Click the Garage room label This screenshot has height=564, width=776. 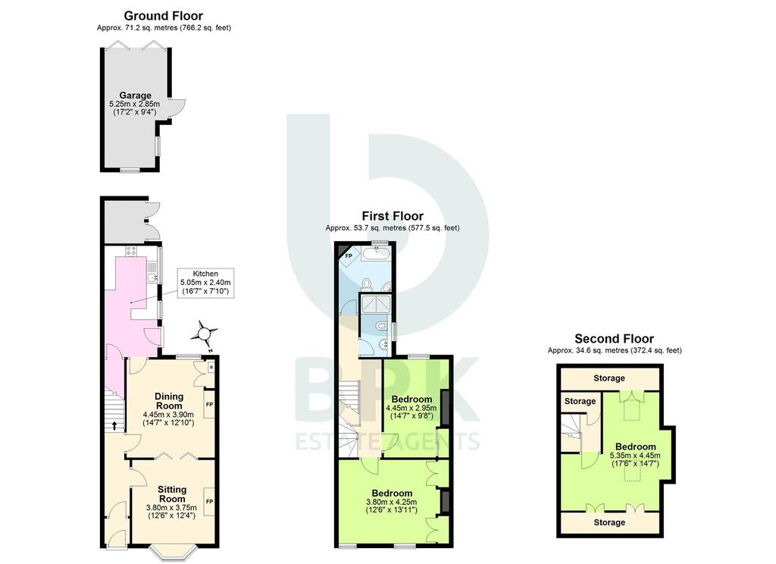click(x=135, y=95)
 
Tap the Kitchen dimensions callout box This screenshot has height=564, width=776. click(x=205, y=283)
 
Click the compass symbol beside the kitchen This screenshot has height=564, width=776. click(x=204, y=335)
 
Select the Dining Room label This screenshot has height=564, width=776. click(x=169, y=400)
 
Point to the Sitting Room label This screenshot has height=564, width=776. click(x=172, y=493)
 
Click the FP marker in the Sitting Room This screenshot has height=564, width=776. click(x=209, y=502)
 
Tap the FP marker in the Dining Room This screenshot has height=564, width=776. click(x=209, y=405)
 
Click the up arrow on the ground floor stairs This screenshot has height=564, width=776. click(x=114, y=425)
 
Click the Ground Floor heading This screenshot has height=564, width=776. click(x=164, y=16)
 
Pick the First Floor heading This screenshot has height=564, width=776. click(x=393, y=216)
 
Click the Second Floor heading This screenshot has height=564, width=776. click(x=614, y=339)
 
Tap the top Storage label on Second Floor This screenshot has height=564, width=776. click(x=609, y=378)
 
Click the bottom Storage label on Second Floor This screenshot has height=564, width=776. click(x=609, y=522)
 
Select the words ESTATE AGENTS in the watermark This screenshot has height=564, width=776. click(x=387, y=440)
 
